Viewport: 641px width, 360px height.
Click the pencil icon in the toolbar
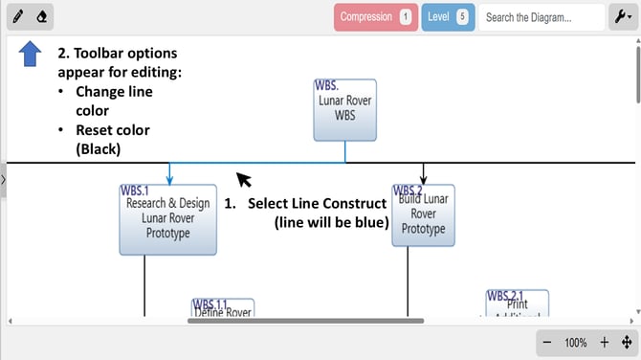pyautogui.click(x=18, y=17)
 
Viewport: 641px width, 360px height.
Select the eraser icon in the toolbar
pyautogui.click(x=41, y=17)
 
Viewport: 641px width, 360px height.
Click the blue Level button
pyautogui.click(x=448, y=17)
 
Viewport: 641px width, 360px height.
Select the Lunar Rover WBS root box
pyautogui.click(x=344, y=109)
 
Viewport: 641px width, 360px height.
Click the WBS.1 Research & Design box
pyautogui.click(x=168, y=219)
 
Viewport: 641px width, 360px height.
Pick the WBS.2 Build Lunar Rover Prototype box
pyautogui.click(x=423, y=215)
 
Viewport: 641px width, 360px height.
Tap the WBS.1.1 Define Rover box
pyautogui.click(x=223, y=308)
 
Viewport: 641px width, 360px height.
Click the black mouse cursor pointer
pyautogui.click(x=244, y=179)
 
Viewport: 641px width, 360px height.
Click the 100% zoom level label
pyautogui.click(x=575, y=343)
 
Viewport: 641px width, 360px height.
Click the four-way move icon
pyautogui.click(x=626, y=343)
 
